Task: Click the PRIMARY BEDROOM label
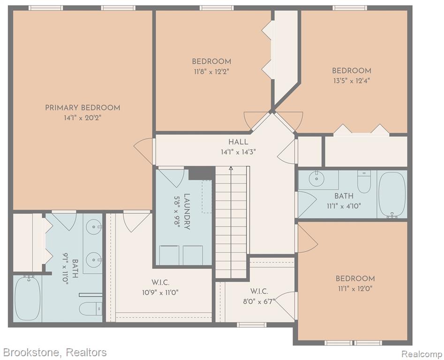[83, 108]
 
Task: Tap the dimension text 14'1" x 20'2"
[83, 118]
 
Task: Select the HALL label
[239, 142]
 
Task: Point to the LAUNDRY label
[187, 211]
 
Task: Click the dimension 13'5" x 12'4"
[352, 81]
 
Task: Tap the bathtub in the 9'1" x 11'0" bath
[28, 298]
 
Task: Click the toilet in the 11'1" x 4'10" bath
[364, 181]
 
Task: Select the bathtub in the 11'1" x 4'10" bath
[392, 195]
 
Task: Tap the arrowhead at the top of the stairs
[231, 168]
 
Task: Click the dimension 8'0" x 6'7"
[259, 301]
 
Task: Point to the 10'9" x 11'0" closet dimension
[160, 292]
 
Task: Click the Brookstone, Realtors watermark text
[55, 352]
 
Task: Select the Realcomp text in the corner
[422, 354]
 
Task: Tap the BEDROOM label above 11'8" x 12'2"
[211, 62]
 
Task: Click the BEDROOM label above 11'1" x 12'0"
[355, 278]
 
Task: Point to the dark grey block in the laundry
[201, 173]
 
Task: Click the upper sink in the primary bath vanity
[94, 226]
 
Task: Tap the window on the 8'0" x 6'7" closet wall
[251, 325]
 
